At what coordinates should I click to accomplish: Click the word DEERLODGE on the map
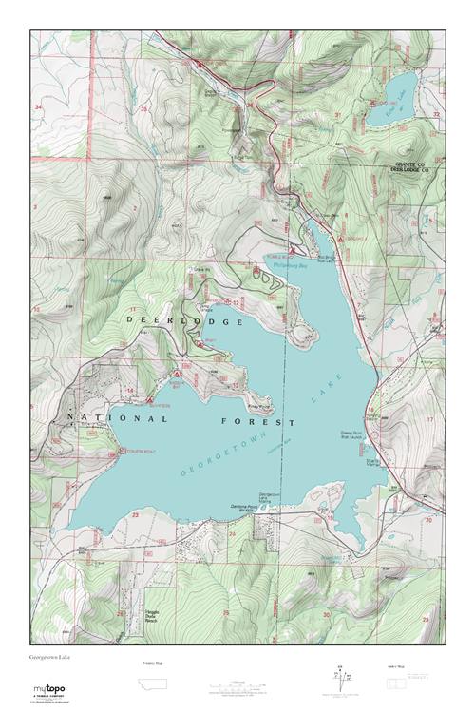186,322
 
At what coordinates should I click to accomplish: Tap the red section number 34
39,108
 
